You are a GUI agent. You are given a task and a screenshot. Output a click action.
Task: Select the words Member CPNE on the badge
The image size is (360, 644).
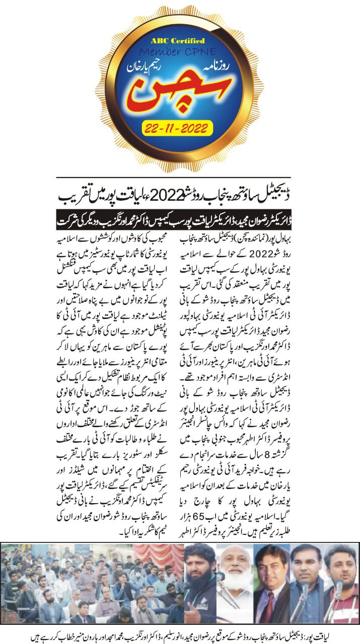coord(180,52)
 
